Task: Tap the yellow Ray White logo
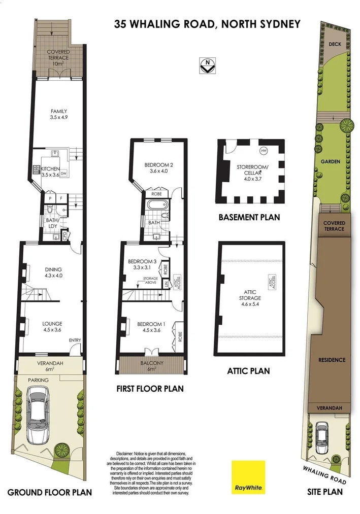pyautogui.click(x=248, y=477)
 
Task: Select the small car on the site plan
pyautogui.click(x=321, y=437)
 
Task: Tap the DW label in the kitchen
pyautogui.click(x=64, y=174)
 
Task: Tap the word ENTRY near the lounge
pyautogui.click(x=75, y=340)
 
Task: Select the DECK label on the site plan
pyautogui.click(x=335, y=44)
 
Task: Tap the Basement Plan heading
pyautogui.click(x=249, y=218)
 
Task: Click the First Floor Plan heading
pyautogui.click(x=149, y=389)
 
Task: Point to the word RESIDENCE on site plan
pyautogui.click(x=332, y=360)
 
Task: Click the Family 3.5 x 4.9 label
pyautogui.click(x=58, y=114)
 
